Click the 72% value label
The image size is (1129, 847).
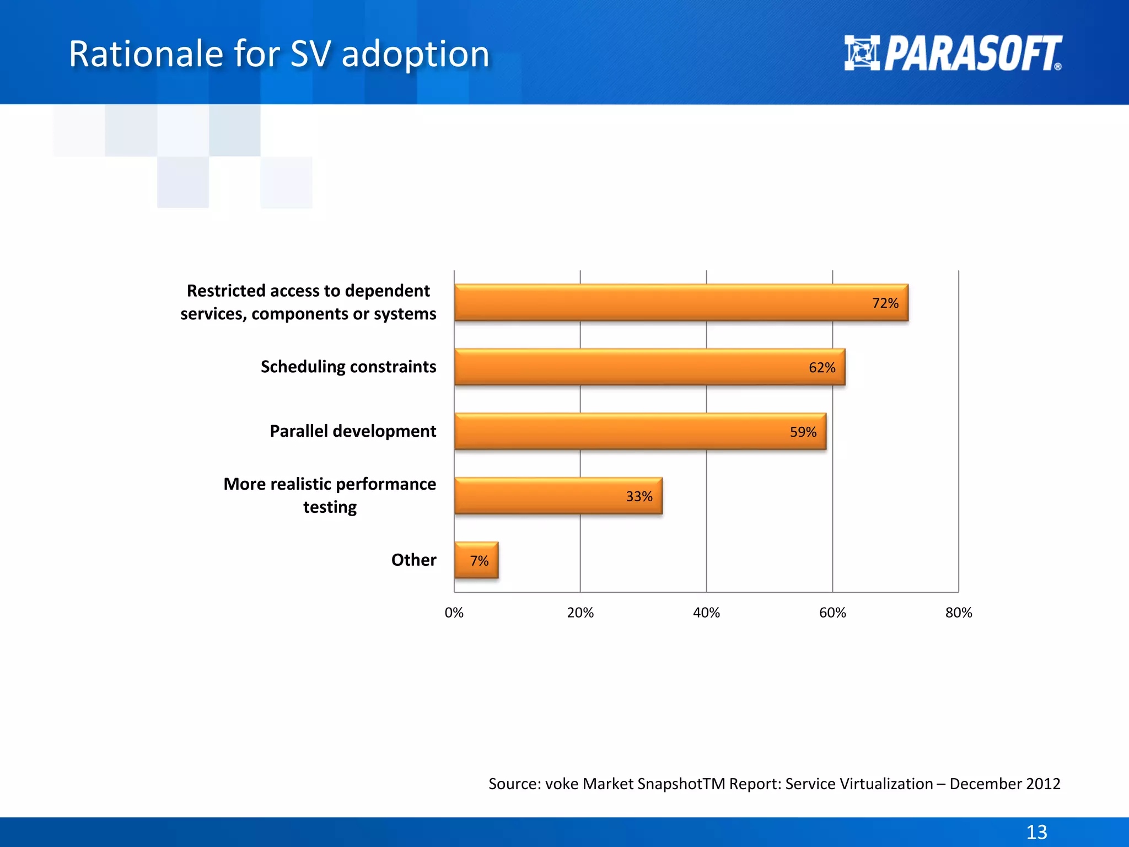pyautogui.click(x=885, y=303)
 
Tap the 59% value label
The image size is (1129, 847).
pyautogui.click(x=803, y=432)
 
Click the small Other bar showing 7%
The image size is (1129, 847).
pyautogui.click(x=476, y=561)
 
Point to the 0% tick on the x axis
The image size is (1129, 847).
pyautogui.click(x=454, y=613)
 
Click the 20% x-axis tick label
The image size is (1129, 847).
pyautogui.click(x=580, y=613)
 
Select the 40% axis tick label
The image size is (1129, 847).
pyautogui.click(x=706, y=613)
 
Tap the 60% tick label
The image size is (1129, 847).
pyautogui.click(x=832, y=613)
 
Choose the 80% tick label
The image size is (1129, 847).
pyautogui.click(x=959, y=613)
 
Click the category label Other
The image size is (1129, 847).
pyautogui.click(x=413, y=560)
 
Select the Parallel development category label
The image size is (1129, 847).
pyautogui.click(x=353, y=431)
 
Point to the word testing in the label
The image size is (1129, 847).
pyautogui.click(x=330, y=507)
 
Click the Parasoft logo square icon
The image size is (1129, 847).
pyautogui.click(x=862, y=53)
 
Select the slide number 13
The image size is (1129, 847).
pyautogui.click(x=1036, y=832)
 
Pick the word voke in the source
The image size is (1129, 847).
pyautogui.click(x=562, y=784)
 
